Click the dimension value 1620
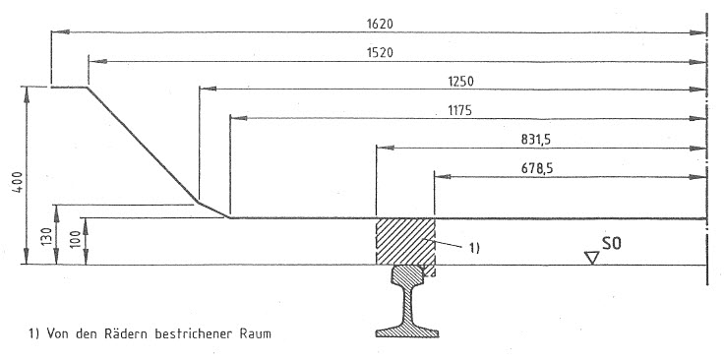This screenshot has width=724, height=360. tap(380, 24)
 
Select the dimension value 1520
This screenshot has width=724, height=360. tap(380, 52)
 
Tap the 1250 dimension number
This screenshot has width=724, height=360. tap(460, 82)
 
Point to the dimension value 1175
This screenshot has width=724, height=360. tap(459, 111)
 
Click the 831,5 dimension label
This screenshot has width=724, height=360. tap(536, 140)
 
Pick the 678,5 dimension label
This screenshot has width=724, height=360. tap(536, 169)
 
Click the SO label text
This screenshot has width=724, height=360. tap(611, 244)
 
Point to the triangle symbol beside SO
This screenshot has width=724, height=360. tap(591, 258)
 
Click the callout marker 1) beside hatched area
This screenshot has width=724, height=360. tap(475, 248)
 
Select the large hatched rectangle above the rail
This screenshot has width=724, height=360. tap(406, 241)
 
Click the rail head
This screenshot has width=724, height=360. tap(407, 274)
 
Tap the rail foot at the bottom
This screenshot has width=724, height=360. tap(407, 331)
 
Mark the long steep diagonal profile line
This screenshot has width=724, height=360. tap(143, 145)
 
